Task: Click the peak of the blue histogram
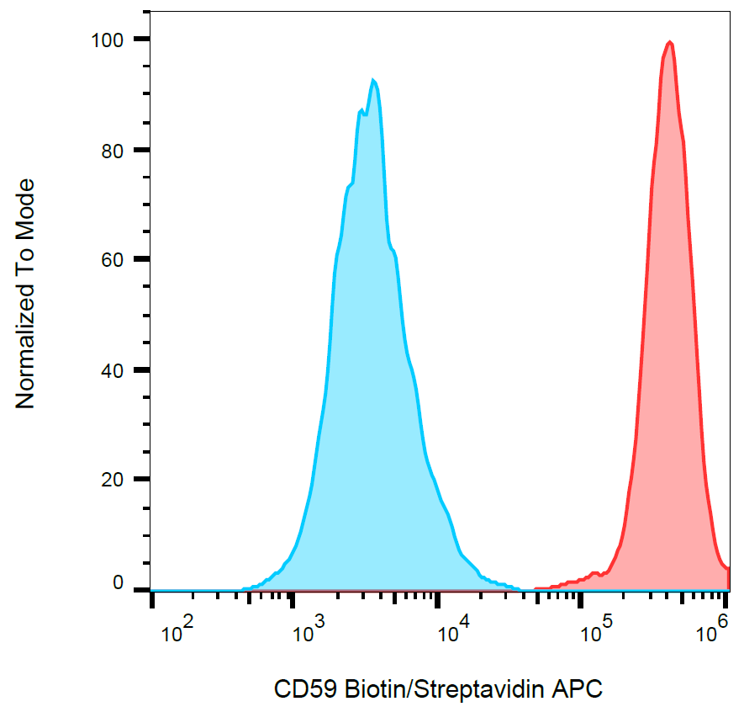pos(372,80)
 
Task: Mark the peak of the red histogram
pos(669,42)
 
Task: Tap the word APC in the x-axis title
pos(578,690)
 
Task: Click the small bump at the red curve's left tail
pos(595,573)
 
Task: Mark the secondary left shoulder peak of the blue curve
pos(361,110)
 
